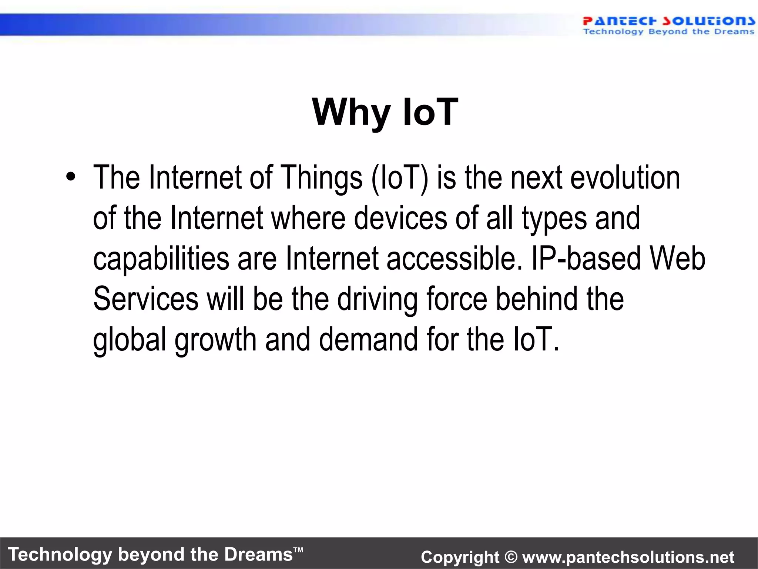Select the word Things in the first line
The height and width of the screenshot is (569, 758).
(321, 178)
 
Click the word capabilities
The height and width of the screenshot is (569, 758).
(161, 259)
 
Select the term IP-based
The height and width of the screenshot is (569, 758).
(586, 258)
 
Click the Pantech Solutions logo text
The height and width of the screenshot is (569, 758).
(668, 21)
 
